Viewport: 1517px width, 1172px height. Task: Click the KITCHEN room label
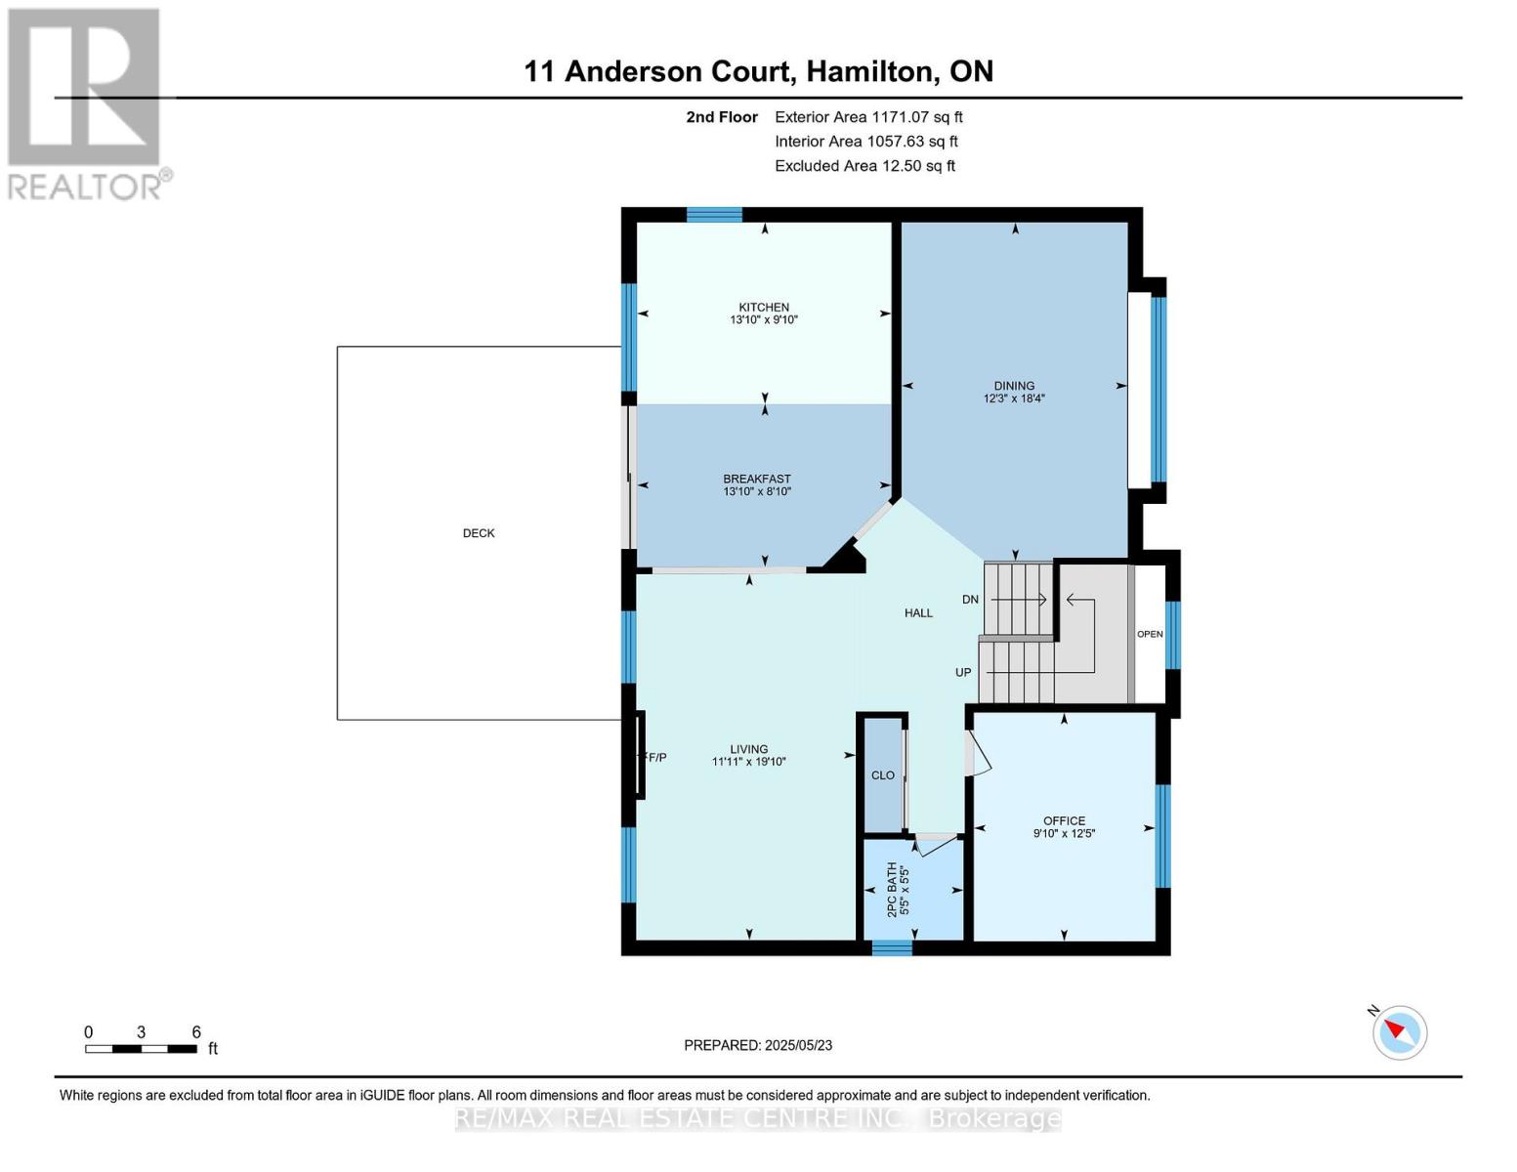(x=764, y=307)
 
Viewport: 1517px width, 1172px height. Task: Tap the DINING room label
(x=1014, y=386)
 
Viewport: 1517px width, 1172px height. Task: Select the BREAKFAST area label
(x=757, y=479)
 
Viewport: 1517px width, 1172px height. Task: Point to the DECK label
(x=479, y=533)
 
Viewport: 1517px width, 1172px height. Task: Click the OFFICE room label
(x=1064, y=821)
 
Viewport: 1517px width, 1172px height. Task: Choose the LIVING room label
(x=749, y=749)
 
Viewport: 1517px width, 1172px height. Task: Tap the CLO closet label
(x=883, y=775)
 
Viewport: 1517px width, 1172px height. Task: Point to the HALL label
(x=919, y=613)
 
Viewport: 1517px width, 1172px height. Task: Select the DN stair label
(x=970, y=600)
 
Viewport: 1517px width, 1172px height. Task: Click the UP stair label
(x=963, y=672)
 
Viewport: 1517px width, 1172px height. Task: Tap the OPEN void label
(x=1150, y=634)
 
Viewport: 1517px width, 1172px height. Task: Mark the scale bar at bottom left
(x=141, y=1049)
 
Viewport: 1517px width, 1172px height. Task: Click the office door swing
(x=978, y=752)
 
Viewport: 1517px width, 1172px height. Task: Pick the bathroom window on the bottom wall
(x=892, y=948)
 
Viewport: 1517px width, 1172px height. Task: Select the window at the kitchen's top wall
(x=714, y=215)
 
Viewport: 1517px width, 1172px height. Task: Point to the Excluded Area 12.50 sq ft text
(x=864, y=166)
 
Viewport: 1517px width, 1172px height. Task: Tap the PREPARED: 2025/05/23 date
(x=758, y=1045)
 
